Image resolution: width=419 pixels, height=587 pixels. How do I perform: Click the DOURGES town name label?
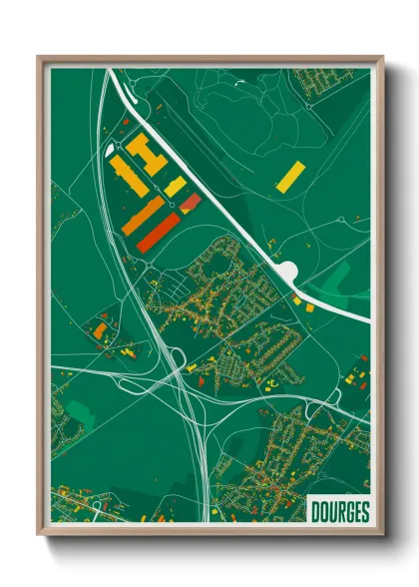pos(339,510)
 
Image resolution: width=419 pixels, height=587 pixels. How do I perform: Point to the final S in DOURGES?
pos(363,510)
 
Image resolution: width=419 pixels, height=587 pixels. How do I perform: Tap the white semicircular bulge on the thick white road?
pos(287,271)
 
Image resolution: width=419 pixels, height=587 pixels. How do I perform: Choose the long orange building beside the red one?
pos(143,216)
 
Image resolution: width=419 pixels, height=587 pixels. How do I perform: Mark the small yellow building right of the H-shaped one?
pos(175,187)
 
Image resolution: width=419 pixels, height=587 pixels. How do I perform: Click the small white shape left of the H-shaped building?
pos(111,150)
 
